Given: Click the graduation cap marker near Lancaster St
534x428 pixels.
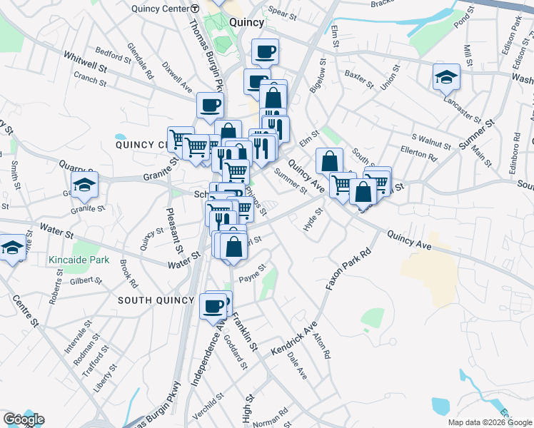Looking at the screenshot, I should [446, 76].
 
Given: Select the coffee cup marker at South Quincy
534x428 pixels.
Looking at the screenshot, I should [212, 305].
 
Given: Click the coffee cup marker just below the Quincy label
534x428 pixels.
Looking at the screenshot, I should [265, 51].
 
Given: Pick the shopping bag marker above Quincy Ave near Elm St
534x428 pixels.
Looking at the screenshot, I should [329, 160].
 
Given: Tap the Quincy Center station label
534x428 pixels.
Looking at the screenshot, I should [166, 9].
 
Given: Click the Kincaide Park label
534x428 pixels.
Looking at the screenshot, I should [79, 260].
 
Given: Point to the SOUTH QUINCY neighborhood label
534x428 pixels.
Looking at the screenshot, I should [155, 300].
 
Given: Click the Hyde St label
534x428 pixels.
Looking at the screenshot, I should [313, 219].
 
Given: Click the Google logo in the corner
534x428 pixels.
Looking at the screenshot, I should [24, 419].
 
